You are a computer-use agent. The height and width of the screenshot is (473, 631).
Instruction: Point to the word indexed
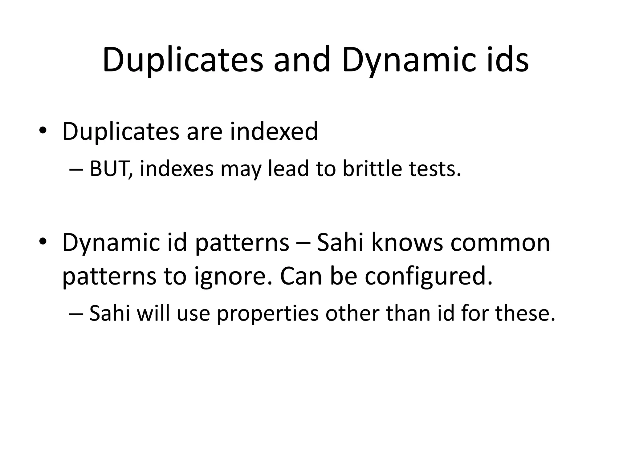point(274,131)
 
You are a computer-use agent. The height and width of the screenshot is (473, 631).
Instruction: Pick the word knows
point(407,242)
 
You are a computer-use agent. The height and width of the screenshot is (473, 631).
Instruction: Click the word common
point(500,242)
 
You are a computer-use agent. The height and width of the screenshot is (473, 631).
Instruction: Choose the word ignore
point(233,276)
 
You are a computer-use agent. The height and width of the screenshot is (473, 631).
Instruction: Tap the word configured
point(429,276)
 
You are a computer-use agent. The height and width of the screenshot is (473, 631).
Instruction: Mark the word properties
point(268,313)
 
